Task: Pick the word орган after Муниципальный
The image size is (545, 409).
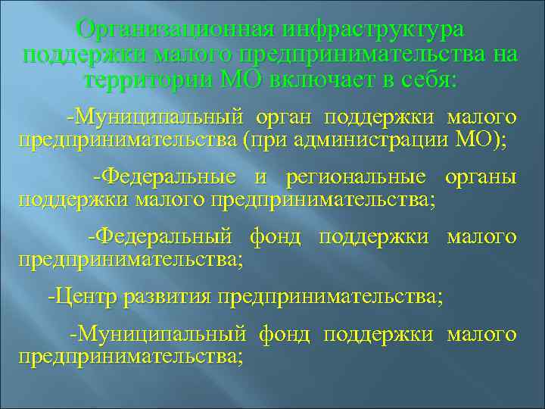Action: (284, 117)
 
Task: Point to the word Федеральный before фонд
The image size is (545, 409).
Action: (160, 236)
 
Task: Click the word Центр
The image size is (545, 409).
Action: (80, 295)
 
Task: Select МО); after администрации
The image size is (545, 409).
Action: (484, 141)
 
